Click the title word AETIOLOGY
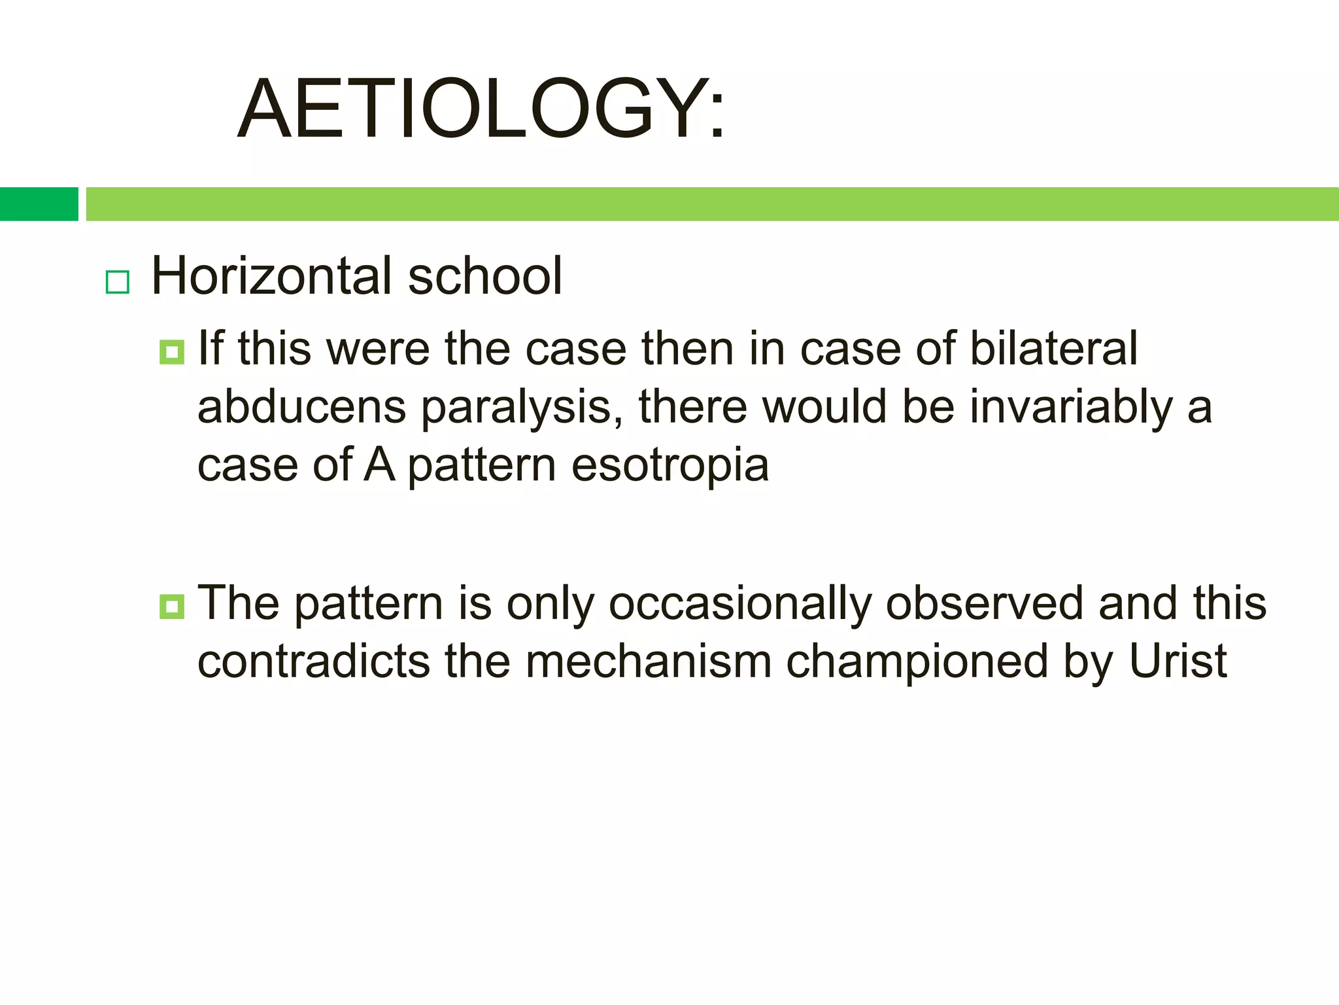[481, 109]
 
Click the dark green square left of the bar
[39, 204]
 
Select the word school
[484, 276]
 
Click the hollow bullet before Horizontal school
[118, 282]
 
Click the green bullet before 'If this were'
[171, 352]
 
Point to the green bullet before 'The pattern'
[171, 607]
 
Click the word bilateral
[1053, 348]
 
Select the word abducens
[301, 407]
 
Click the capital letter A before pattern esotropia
[379, 465]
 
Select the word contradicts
[314, 661]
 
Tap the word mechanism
[649, 661]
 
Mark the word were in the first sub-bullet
[378, 349]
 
